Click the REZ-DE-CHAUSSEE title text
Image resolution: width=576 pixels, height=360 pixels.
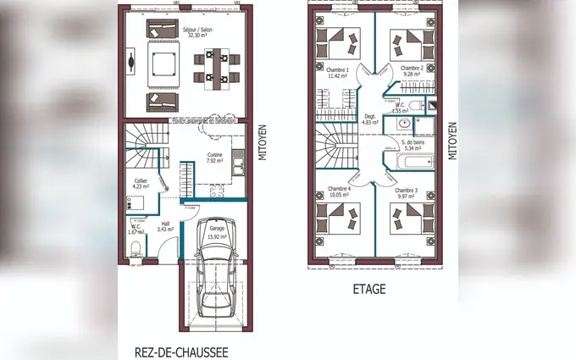[181, 350]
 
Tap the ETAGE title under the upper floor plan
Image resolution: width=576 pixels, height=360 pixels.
[368, 289]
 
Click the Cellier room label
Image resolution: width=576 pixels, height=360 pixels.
[141, 184]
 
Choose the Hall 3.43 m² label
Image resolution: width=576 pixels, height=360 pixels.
[166, 226]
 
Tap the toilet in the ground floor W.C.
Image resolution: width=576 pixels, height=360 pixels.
[135, 247]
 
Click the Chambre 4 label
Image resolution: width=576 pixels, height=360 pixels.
[338, 191]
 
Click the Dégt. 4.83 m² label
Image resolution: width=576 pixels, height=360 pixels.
[369, 119]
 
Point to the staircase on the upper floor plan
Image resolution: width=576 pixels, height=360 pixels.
[334, 147]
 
